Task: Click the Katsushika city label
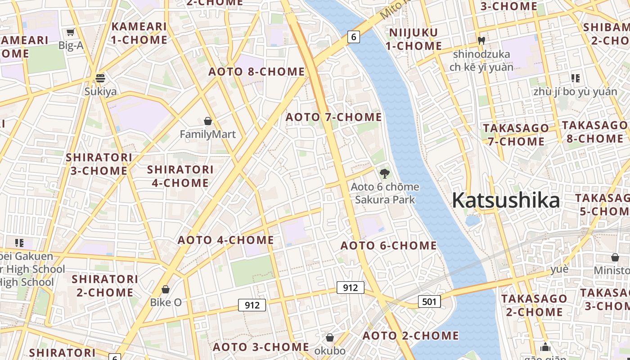506,200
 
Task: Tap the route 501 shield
429,301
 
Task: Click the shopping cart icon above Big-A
70,32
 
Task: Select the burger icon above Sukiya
100,78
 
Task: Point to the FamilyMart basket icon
208,121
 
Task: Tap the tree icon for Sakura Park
384,173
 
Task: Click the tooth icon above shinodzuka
481,40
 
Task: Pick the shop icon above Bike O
166,289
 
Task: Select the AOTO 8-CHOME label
256,72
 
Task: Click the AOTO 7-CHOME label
334,117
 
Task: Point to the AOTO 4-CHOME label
226,240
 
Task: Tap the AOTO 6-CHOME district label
389,246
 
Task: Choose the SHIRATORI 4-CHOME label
180,176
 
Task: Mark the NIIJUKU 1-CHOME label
413,39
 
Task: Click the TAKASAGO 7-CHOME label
516,135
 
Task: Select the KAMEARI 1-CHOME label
139,33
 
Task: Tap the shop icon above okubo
330,337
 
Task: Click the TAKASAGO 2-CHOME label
534,305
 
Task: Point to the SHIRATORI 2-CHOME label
105,286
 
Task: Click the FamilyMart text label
208,134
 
